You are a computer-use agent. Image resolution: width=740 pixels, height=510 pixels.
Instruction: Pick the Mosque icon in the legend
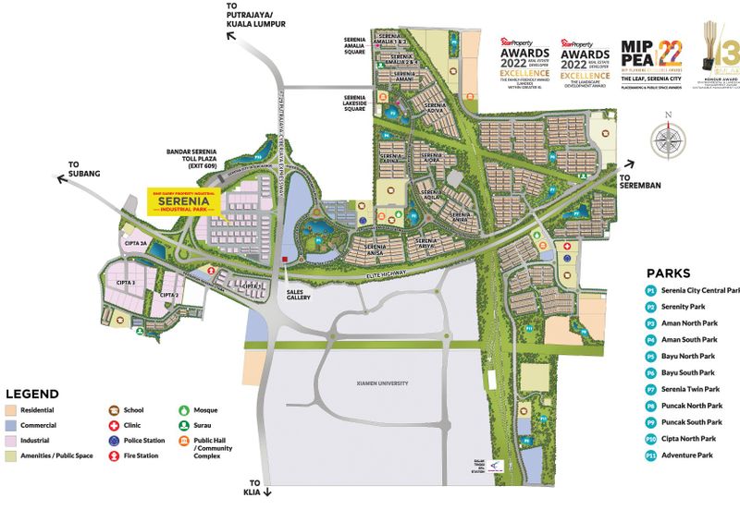click(x=184, y=408)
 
